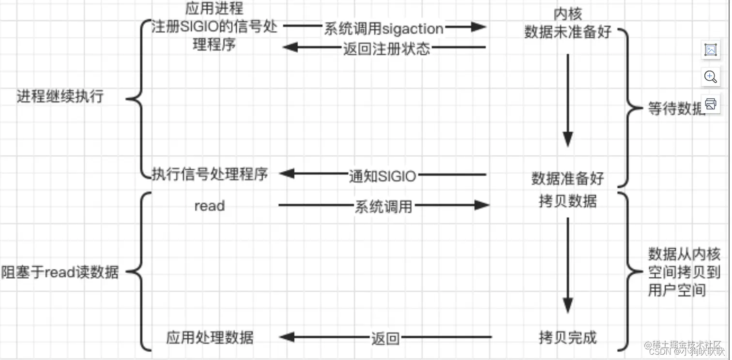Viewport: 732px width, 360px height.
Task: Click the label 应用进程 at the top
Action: (214, 9)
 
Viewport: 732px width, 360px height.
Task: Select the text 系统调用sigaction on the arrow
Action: (383, 29)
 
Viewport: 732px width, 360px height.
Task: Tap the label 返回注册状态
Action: (386, 48)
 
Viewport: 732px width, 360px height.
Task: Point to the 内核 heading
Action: (567, 14)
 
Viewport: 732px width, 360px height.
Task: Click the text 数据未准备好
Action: (567, 32)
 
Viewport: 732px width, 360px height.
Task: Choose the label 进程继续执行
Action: (60, 96)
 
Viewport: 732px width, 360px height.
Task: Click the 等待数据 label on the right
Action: (676, 109)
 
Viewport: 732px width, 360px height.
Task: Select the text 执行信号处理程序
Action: (210, 174)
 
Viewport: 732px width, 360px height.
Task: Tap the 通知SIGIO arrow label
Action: (382, 176)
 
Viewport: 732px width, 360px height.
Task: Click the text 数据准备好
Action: (567, 178)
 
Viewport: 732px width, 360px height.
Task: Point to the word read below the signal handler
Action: (209, 206)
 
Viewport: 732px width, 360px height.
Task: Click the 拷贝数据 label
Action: (567, 201)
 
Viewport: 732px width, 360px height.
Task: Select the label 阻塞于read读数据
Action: (60, 272)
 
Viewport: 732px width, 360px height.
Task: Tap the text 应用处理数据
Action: (210, 337)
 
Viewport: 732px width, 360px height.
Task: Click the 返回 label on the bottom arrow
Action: (385, 338)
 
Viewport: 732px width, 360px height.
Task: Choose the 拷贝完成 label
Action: (567, 337)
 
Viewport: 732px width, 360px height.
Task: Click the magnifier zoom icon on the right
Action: (710, 77)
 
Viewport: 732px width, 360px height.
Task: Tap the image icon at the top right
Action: (710, 50)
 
